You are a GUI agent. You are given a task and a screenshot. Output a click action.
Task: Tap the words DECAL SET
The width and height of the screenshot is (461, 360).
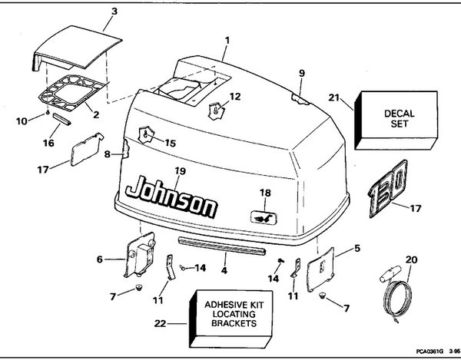[x=398, y=118]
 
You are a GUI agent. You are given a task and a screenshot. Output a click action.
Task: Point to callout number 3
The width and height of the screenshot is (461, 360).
[x=114, y=12]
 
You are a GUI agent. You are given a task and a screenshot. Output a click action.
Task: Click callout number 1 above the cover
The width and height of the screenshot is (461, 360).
[x=226, y=38]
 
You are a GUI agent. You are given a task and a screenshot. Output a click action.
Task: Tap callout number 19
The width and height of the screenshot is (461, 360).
[x=180, y=170]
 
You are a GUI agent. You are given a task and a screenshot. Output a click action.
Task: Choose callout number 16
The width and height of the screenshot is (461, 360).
[x=48, y=144]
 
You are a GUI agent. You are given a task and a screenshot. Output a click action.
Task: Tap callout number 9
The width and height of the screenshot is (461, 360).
[x=302, y=73]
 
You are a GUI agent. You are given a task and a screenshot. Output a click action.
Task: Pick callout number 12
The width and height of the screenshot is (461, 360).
[x=235, y=97]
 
